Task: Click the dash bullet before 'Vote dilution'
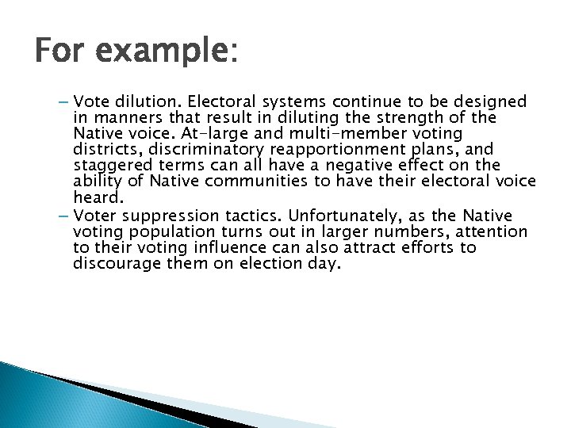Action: (63, 101)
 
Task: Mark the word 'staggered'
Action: (109, 165)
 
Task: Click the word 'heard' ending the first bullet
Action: (94, 197)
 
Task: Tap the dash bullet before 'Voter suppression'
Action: (63, 216)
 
